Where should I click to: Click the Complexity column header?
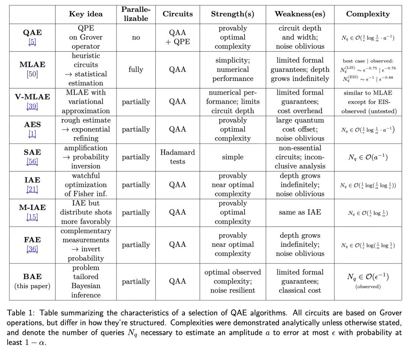pos(367,14)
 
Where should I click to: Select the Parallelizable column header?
pos(136,14)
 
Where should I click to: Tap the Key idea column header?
pos(85,14)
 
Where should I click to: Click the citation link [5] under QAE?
pos(32,42)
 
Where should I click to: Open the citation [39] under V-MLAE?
pos(32,106)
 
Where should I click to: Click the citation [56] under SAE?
pos(32,162)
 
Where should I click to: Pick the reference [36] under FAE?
pos(32,249)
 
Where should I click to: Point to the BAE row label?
pos(32,277)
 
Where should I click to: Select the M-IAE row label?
pos(32,207)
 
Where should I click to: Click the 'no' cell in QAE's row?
pos(136,38)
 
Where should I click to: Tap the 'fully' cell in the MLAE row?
pos(136,69)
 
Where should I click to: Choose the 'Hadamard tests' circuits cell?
pos(177,157)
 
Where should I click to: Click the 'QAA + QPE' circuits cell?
pos(177,38)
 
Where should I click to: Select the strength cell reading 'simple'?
pos(233,157)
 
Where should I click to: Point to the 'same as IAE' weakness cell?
pos(300,212)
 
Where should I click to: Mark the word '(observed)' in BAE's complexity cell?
pos(367,287)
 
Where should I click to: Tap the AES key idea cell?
pos(85,129)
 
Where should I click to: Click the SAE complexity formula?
pos(367,157)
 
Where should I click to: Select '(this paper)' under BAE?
pos(32,286)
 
